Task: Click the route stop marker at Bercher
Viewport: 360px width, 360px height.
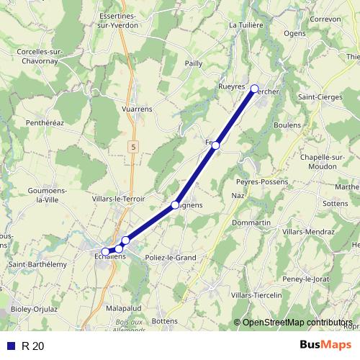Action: (x=254, y=89)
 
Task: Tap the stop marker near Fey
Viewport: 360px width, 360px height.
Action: (x=215, y=145)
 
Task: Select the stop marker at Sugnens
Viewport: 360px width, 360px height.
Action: (x=175, y=205)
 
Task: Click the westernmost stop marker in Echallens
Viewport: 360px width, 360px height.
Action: (x=105, y=251)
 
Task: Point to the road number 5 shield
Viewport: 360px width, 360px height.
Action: (x=133, y=146)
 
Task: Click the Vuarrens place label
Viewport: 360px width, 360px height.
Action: (x=137, y=109)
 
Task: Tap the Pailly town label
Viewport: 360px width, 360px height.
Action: (x=193, y=63)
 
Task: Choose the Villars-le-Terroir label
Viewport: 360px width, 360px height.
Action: (x=120, y=198)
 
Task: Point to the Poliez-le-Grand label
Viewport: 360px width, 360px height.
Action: (x=171, y=257)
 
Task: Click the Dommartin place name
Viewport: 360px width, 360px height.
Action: (x=252, y=223)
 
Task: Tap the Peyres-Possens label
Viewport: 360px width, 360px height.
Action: (x=260, y=181)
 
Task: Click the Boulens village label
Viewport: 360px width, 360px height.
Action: (x=289, y=125)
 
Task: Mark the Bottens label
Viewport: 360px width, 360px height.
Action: (x=165, y=320)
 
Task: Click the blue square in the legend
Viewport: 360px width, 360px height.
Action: (x=11, y=346)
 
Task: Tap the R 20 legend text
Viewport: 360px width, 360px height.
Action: (x=32, y=346)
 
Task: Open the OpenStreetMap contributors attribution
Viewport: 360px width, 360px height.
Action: (x=297, y=322)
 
